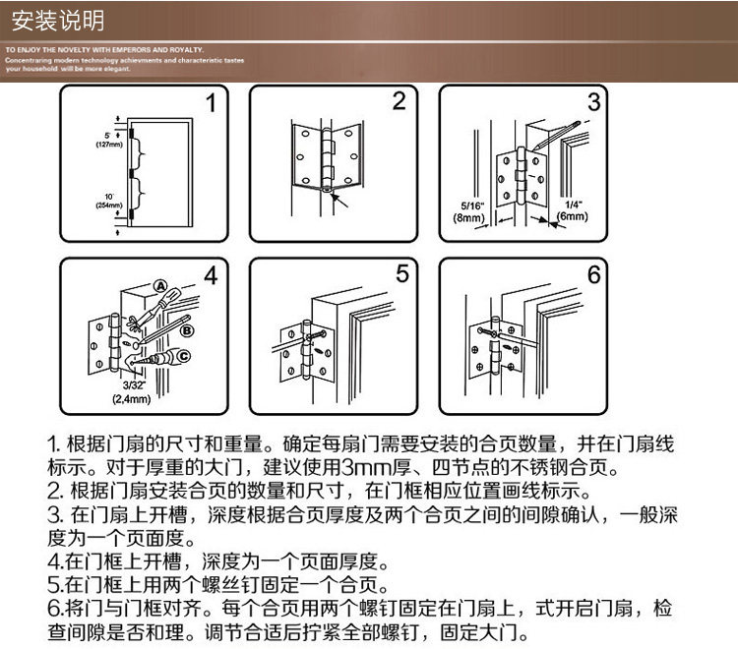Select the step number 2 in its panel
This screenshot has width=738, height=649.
(x=399, y=101)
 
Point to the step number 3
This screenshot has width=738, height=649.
(x=593, y=102)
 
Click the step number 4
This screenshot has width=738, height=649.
(x=211, y=276)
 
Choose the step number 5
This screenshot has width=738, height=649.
(x=400, y=274)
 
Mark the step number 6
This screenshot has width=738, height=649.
(x=593, y=275)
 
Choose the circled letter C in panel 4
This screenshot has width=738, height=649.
(x=181, y=356)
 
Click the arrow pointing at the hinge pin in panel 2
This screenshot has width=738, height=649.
(x=340, y=202)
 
